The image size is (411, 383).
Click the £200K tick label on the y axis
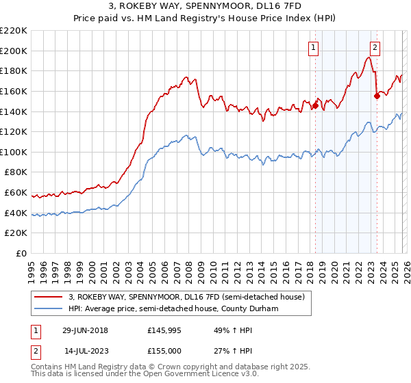click(14, 51)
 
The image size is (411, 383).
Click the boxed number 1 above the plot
click(313, 48)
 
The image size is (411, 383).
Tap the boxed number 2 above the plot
click(375, 48)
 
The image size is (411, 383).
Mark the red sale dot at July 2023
click(377, 96)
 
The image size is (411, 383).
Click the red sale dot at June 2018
click(315, 105)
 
